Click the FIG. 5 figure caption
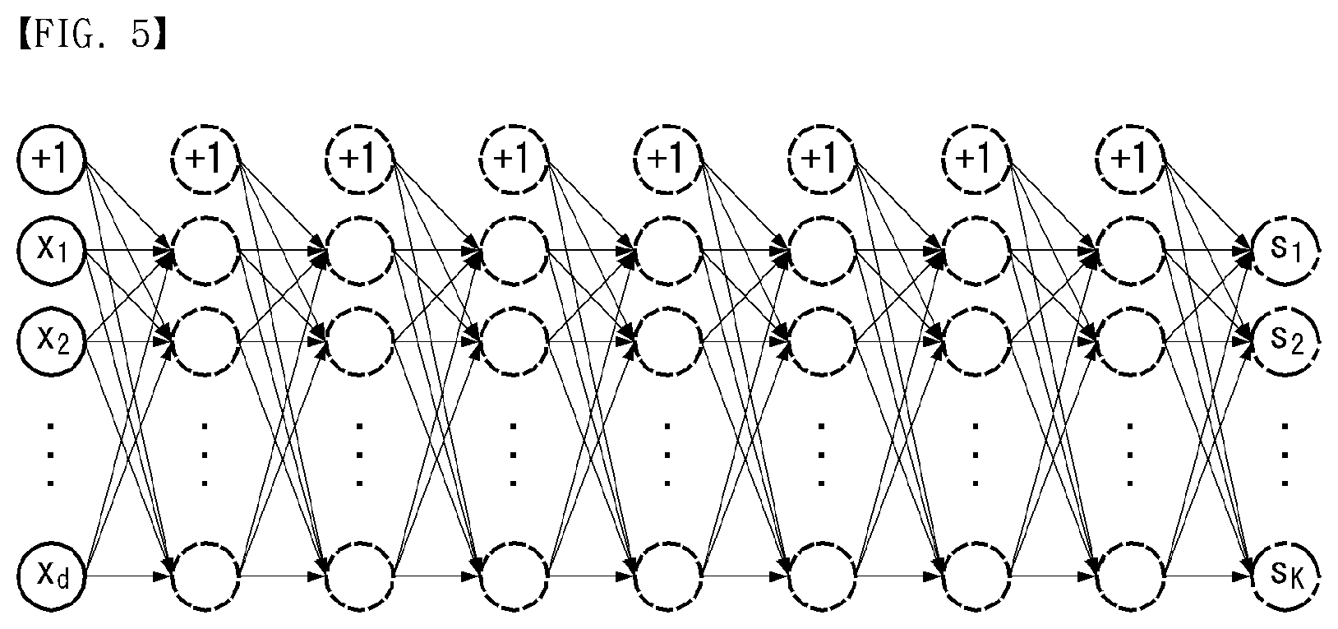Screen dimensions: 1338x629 [93, 35]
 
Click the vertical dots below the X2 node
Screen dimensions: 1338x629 [51, 455]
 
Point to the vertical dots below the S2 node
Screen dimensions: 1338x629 [1285, 455]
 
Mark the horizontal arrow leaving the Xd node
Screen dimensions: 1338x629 [128, 576]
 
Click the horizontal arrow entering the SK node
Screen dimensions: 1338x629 [1208, 576]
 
